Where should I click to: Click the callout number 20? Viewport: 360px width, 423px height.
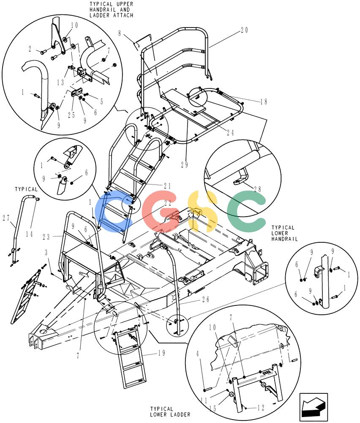tap(244, 30)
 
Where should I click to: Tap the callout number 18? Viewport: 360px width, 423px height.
tap(264, 102)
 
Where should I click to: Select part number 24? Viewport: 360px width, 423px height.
tap(230, 132)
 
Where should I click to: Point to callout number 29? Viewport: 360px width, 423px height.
tap(184, 165)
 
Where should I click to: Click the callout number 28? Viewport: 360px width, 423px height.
tap(257, 189)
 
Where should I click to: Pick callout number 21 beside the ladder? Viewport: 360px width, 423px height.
tap(167, 186)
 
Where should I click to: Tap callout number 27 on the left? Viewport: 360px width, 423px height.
tap(6, 218)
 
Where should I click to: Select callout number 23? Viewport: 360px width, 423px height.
tap(46, 237)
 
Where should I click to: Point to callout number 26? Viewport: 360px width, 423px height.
tap(206, 299)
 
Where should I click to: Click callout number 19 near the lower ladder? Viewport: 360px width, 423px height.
tap(161, 353)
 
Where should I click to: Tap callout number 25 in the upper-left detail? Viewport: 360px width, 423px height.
tap(71, 115)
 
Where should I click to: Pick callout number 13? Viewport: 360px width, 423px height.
tap(60, 82)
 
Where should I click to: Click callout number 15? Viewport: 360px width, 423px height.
tap(213, 409)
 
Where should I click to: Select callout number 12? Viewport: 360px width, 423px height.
tap(261, 408)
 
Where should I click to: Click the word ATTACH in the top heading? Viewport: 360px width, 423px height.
tap(123, 15)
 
